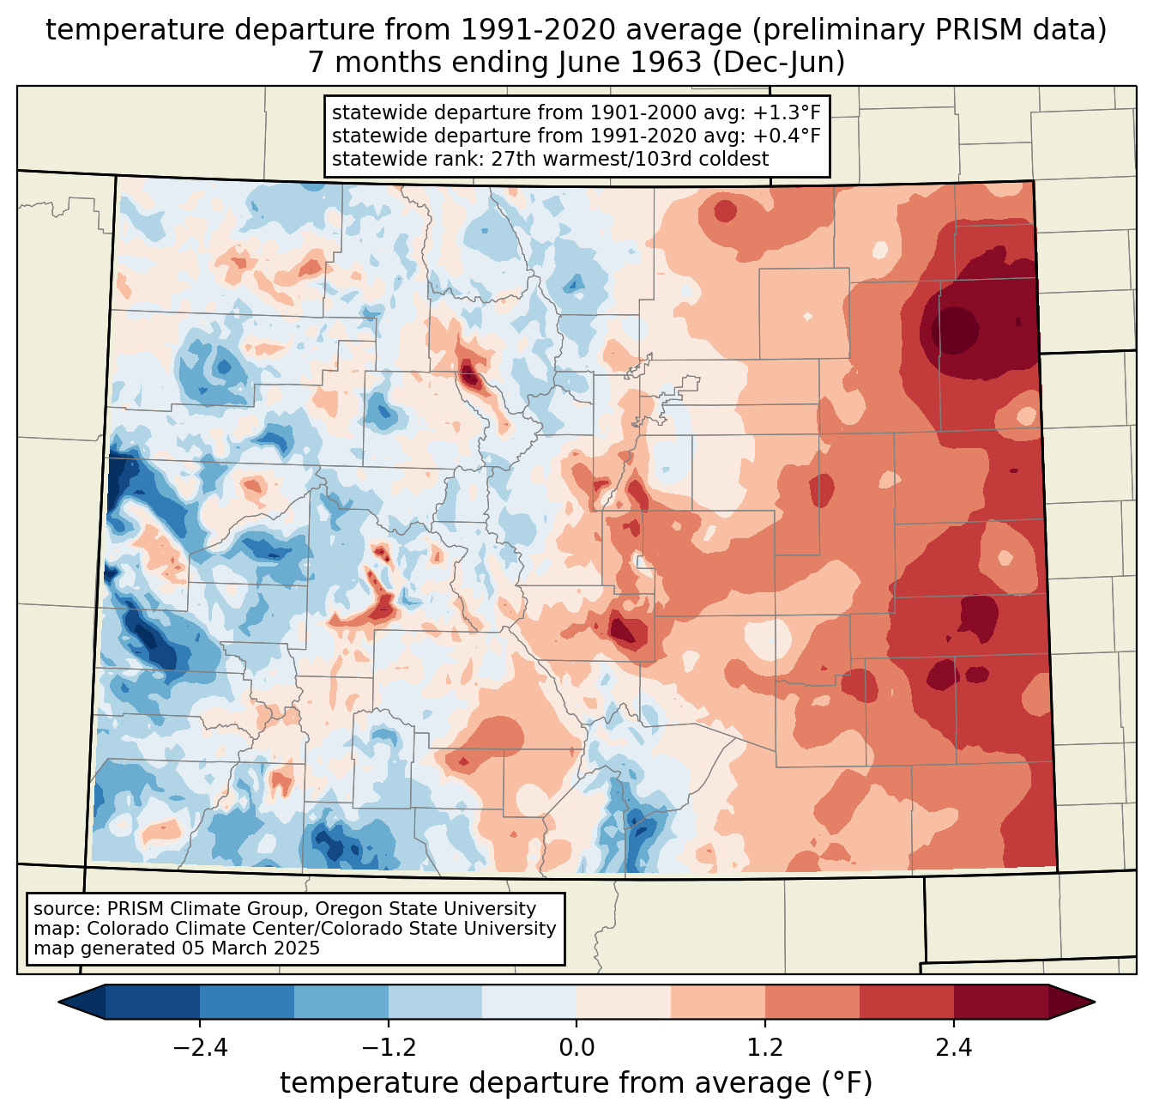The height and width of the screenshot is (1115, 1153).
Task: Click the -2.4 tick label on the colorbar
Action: [x=200, y=1048]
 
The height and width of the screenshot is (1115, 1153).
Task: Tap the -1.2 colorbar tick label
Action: [x=389, y=1048]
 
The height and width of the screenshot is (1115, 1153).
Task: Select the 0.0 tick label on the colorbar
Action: [x=576, y=1048]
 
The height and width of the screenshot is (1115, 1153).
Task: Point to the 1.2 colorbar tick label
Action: [x=764, y=1048]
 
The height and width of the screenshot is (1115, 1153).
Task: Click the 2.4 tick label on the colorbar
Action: [x=953, y=1048]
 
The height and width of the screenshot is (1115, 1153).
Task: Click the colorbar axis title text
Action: [x=576, y=1083]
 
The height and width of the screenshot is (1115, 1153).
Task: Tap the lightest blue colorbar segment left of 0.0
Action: [x=529, y=1002]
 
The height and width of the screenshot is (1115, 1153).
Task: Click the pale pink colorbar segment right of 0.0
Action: [x=624, y=1002]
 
